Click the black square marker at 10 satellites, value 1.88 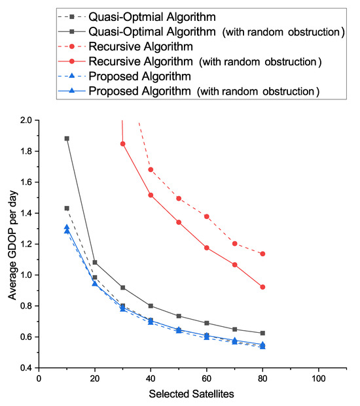(x=67, y=139)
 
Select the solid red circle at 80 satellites (x=262, y=287)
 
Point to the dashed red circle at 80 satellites (x=262, y=254)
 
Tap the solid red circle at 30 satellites (x=122, y=144)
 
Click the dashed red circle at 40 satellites (x=151, y=169)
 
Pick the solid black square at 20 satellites (x=95, y=262)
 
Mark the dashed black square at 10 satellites (x=67, y=208)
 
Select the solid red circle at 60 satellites (x=206, y=248)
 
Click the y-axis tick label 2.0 (x=26, y=120)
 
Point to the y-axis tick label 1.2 (x=26, y=244)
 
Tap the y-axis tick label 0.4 (x=26, y=368)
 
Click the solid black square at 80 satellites (x=262, y=333)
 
